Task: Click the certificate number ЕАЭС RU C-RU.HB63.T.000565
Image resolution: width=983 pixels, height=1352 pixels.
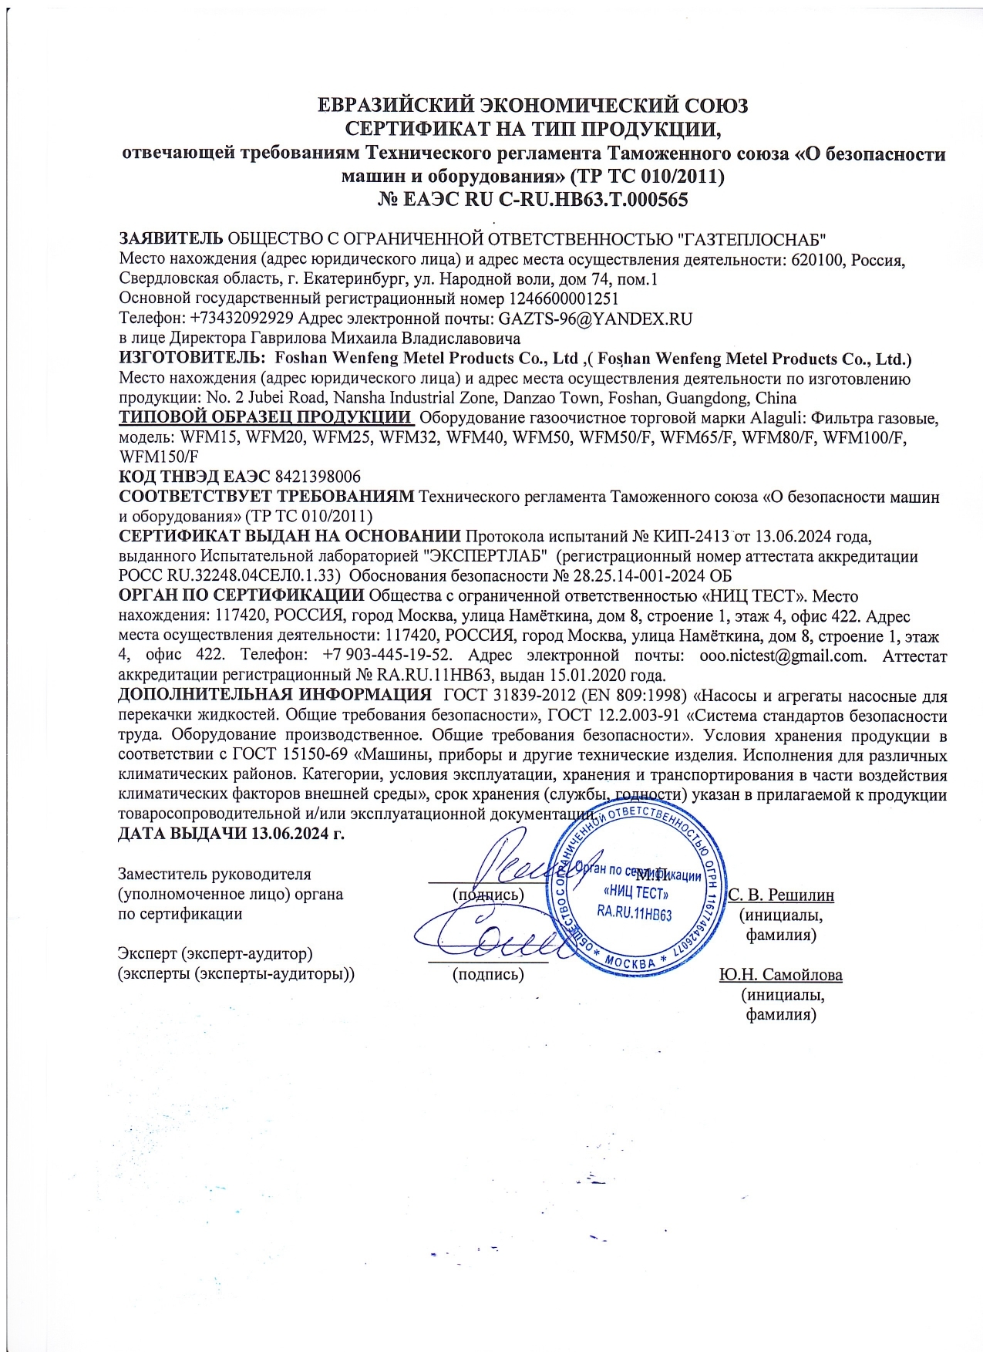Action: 545,200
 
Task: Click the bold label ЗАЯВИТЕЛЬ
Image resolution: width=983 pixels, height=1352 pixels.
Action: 170,238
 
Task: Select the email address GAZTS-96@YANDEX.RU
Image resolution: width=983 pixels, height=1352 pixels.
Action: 595,319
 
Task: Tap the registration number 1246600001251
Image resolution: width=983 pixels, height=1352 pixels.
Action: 564,298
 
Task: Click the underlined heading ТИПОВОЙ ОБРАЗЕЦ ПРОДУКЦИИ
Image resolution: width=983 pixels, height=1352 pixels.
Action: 264,418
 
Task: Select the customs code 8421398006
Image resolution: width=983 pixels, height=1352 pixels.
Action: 318,477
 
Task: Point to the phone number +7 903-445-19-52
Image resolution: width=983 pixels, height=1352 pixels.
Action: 391,656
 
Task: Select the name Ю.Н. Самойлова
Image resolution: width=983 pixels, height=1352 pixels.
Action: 780,975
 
